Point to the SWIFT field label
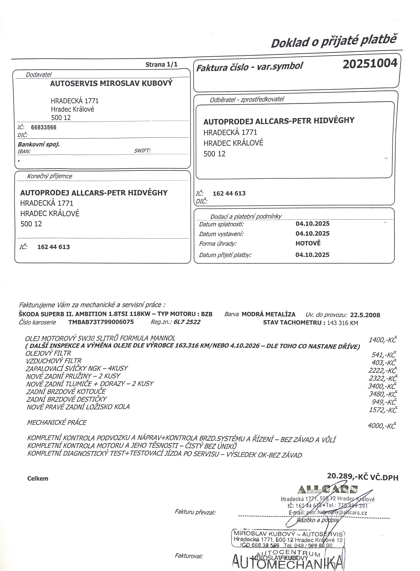[x=142, y=151]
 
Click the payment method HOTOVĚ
[x=308, y=243]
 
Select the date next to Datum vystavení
[x=313, y=233]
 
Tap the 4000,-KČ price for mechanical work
[x=382, y=426]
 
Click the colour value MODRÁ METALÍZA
[x=268, y=314]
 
